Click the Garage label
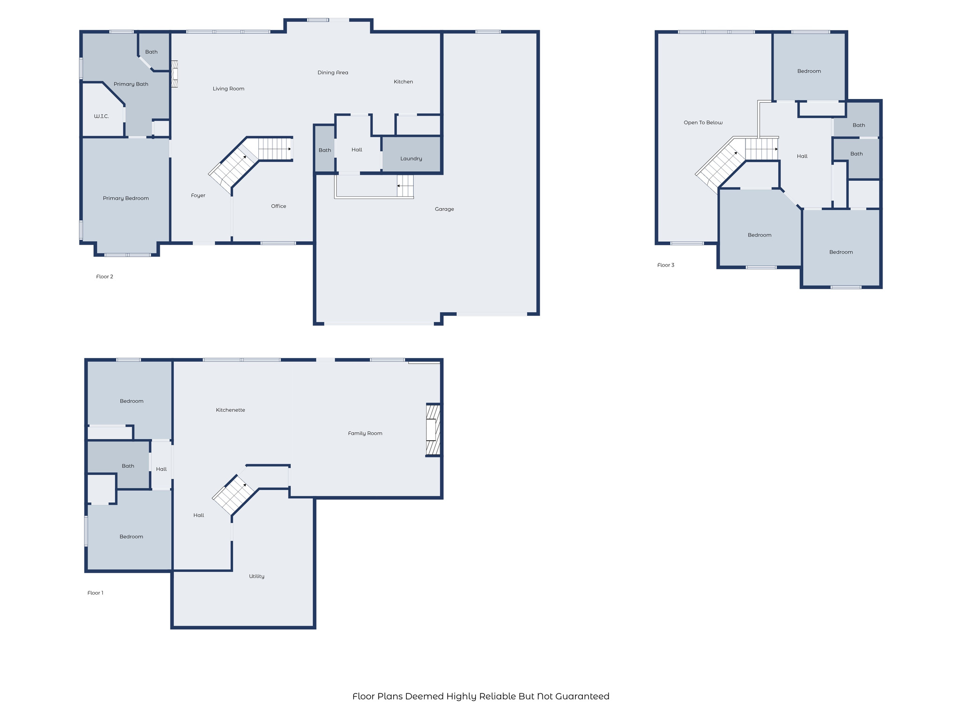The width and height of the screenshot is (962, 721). coord(444,209)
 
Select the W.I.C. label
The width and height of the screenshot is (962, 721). coord(101,116)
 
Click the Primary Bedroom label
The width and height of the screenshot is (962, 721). coord(126,198)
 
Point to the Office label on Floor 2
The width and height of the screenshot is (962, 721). coord(279,206)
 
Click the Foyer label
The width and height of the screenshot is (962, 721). coord(198,195)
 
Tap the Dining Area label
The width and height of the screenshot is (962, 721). coord(333,72)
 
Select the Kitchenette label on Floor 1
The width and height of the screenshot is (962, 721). coord(230,410)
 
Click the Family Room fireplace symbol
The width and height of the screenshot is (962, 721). coord(433,430)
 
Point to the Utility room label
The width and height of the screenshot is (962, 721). coord(256,576)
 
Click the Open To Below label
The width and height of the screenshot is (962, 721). coord(703,123)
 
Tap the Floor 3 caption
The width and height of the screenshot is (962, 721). coord(666,265)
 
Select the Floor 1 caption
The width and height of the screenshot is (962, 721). coord(95,593)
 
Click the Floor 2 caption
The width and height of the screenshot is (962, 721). coord(104,276)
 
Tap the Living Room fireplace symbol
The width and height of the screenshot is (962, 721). coord(174,74)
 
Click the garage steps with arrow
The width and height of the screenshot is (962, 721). coord(405,186)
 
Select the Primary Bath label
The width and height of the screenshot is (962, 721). coord(131,84)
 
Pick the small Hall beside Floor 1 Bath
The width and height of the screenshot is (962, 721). coord(161,469)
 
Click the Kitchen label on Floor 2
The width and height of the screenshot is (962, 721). coord(403,82)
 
